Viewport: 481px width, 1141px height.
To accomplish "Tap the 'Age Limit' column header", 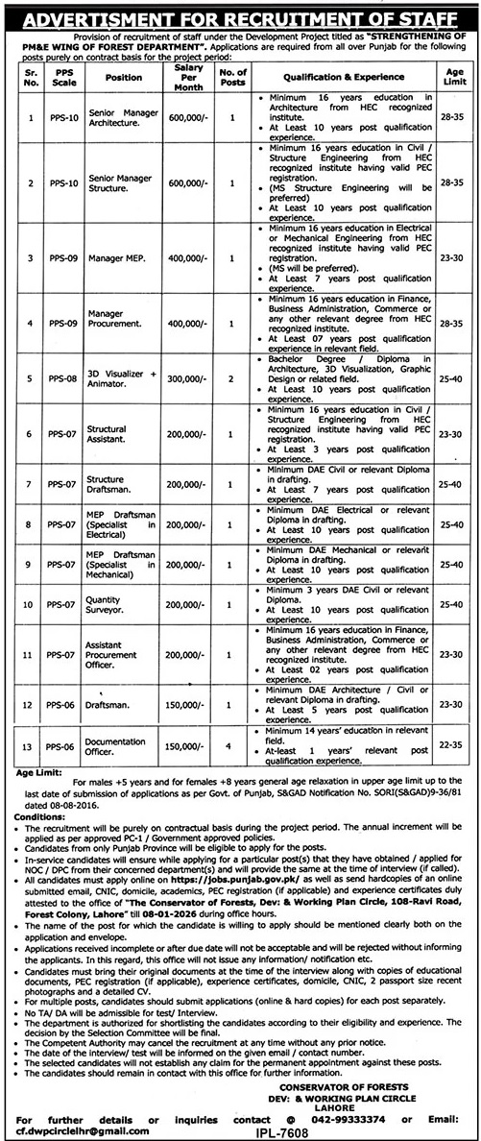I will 455,72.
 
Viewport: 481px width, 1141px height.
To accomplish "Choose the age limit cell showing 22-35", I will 455,745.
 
